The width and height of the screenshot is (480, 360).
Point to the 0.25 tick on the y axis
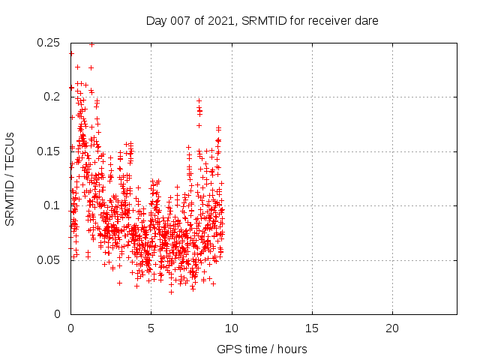tap(49, 43)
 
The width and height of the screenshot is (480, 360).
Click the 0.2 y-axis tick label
tap(52, 97)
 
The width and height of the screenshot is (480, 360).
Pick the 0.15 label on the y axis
tap(49, 151)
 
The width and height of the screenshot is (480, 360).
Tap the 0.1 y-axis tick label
tap(52, 205)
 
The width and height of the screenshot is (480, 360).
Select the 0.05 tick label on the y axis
tap(49, 260)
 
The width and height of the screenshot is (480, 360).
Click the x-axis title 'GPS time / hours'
tap(262, 349)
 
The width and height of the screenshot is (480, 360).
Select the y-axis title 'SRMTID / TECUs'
tap(10, 178)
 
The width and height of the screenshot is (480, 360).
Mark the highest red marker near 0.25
tap(91, 44)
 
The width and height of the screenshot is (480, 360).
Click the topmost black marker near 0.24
tap(71, 53)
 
